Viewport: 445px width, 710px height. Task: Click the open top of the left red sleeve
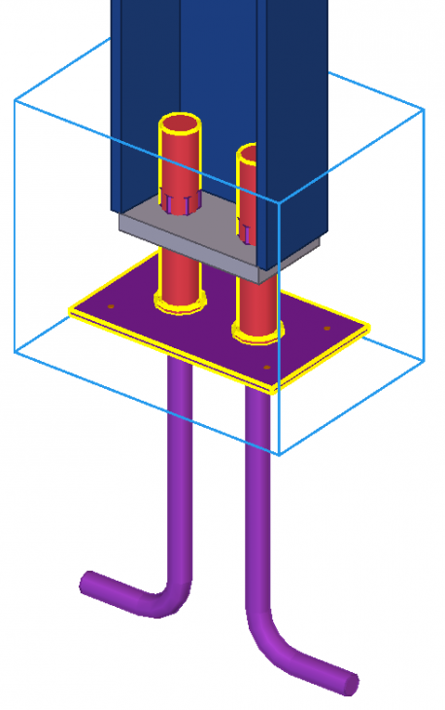point(181,127)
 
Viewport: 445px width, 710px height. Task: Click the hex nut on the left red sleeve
point(176,204)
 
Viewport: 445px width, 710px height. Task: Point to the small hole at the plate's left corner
point(111,306)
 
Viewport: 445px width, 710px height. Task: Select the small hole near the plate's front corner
point(268,368)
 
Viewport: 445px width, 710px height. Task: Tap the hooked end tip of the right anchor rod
point(349,684)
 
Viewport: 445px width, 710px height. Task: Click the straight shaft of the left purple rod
point(181,467)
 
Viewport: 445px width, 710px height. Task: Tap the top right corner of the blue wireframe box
point(424,111)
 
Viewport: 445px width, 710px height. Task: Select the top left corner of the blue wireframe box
point(15,98)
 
